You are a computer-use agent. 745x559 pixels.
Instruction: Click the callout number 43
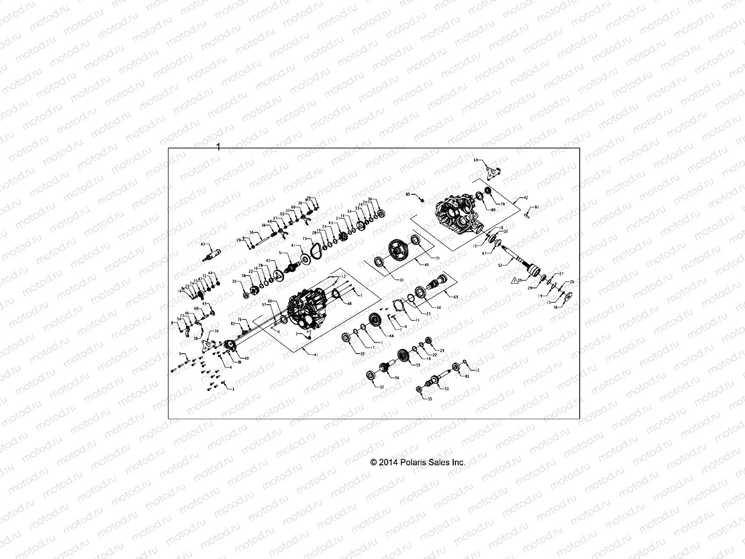[x=203, y=244]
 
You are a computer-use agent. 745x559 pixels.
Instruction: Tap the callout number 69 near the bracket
[x=476, y=160]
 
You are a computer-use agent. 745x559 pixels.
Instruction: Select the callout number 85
[x=408, y=194]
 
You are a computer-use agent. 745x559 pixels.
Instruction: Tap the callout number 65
[x=455, y=297]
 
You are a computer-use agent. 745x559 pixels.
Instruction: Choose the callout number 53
[x=447, y=389]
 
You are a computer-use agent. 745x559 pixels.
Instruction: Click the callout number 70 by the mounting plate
[x=216, y=331]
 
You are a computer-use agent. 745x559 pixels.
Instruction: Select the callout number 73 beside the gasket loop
[x=305, y=239]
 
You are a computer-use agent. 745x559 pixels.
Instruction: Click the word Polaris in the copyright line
[x=413, y=463]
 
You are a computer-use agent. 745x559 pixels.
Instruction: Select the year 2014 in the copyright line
[x=386, y=463]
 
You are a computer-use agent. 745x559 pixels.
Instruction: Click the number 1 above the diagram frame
[x=218, y=147]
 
